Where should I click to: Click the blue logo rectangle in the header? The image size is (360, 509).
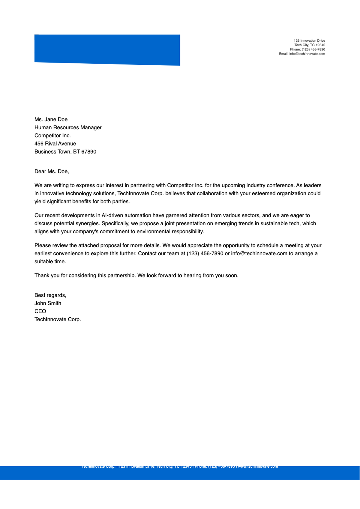click(x=107, y=50)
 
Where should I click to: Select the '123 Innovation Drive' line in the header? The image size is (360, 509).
click(x=309, y=40)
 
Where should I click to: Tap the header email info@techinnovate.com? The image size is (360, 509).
click(x=307, y=54)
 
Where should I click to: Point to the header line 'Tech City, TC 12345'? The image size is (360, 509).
click(x=310, y=45)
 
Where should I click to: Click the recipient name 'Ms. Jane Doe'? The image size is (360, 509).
click(x=51, y=119)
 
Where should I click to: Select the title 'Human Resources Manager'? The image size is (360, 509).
click(x=68, y=127)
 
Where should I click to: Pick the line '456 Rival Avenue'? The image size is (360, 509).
click(x=55, y=144)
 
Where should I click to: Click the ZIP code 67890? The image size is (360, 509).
click(x=89, y=152)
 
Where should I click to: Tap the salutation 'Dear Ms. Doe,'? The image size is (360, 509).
click(x=52, y=172)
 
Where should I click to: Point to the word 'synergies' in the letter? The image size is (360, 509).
click(x=87, y=223)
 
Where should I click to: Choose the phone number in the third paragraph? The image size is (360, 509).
click(x=205, y=253)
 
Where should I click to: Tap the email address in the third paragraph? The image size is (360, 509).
click(x=259, y=253)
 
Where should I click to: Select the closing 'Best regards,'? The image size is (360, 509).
click(x=50, y=295)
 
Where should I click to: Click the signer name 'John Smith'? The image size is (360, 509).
click(x=48, y=303)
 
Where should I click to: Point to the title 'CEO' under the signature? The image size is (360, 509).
click(x=40, y=311)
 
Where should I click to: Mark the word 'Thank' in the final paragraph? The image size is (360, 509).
click(x=42, y=275)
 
